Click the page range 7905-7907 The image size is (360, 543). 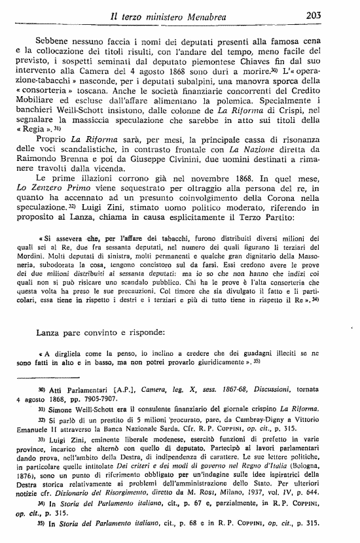[102, 398]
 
